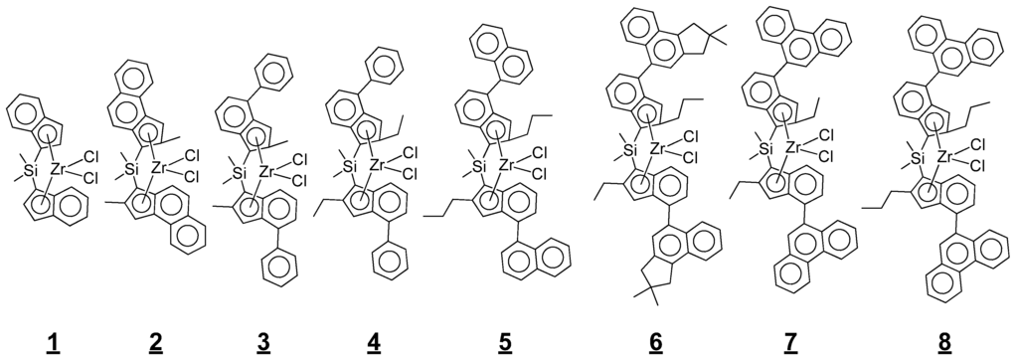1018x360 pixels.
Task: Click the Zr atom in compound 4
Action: (x=379, y=163)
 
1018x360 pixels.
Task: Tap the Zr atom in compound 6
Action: (x=660, y=149)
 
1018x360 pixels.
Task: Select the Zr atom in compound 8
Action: (x=947, y=156)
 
